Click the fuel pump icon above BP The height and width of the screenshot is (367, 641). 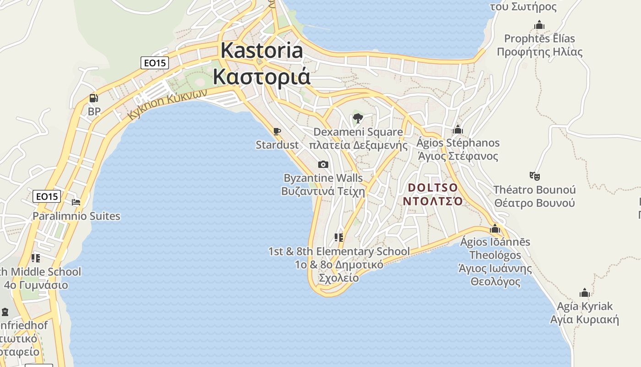(x=93, y=98)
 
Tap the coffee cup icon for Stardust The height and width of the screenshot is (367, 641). (x=277, y=132)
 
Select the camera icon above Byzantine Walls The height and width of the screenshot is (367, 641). (x=323, y=164)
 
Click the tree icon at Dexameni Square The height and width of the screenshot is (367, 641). (x=358, y=119)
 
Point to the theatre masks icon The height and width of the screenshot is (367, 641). (x=534, y=175)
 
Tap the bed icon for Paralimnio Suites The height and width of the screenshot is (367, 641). (x=76, y=202)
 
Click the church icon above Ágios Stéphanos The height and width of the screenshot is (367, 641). (x=457, y=129)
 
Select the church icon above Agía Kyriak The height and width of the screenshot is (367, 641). (x=584, y=293)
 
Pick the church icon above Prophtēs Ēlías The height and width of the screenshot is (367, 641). (x=539, y=25)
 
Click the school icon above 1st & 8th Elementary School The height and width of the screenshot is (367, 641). (x=339, y=238)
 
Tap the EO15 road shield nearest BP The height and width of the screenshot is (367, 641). (x=154, y=63)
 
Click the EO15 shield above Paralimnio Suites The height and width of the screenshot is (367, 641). (x=47, y=196)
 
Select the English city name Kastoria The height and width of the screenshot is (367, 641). (x=261, y=50)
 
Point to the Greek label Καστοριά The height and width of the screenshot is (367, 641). (x=261, y=77)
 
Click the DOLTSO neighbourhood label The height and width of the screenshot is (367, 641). (x=433, y=188)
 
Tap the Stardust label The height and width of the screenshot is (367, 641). (x=277, y=145)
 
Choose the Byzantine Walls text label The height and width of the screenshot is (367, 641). (x=323, y=178)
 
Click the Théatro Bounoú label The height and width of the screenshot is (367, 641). (x=534, y=189)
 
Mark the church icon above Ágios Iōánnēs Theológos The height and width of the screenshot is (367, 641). (x=494, y=228)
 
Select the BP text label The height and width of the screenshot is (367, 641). (x=94, y=111)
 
